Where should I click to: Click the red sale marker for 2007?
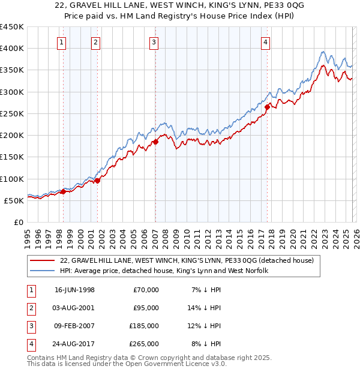[155, 142]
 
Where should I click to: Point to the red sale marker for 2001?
[97, 181]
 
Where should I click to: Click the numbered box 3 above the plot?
[154, 42]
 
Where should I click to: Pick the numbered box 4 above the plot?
[265, 42]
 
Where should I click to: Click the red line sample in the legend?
[43, 260]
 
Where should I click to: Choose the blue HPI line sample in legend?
[43, 271]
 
